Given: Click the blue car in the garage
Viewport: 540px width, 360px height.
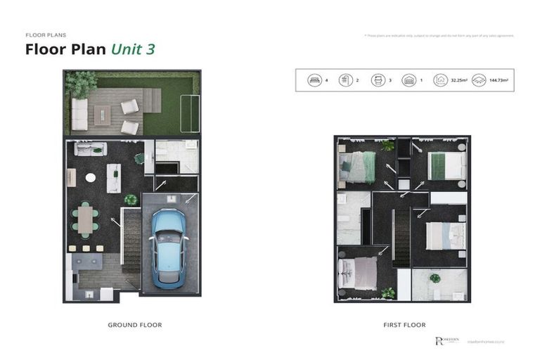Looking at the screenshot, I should pyautogui.click(x=169, y=246).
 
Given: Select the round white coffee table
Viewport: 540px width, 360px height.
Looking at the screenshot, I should pyautogui.click(x=91, y=178).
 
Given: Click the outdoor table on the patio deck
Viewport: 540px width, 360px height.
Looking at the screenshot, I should pyautogui.click(x=103, y=115).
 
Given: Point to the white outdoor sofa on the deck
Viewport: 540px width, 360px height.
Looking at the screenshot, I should pyautogui.click(x=79, y=115).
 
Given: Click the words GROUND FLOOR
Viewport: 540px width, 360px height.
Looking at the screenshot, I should pyautogui.click(x=134, y=325).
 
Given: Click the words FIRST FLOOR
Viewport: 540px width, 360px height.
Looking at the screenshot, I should pyautogui.click(x=404, y=325).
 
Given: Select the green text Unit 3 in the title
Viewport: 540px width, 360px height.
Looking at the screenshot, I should pyautogui.click(x=132, y=49).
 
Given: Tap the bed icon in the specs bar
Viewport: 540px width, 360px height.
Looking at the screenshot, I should pyautogui.click(x=314, y=80).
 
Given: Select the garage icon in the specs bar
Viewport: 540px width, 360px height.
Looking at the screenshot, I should pyautogui.click(x=409, y=80).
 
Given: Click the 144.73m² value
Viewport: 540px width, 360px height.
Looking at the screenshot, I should pyautogui.click(x=497, y=81).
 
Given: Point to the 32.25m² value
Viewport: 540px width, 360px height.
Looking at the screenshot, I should pyautogui.click(x=461, y=81).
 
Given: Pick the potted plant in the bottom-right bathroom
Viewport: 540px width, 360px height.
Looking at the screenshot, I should pyautogui.click(x=435, y=278).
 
